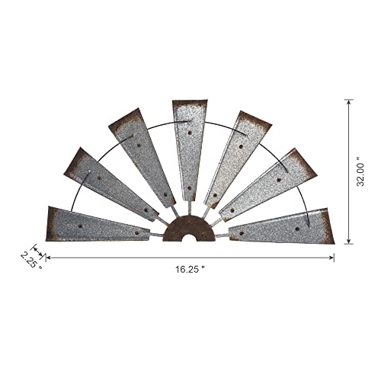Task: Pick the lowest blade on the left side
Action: pyautogui.click(x=99, y=224)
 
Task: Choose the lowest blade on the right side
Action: pyautogui.click(x=282, y=226)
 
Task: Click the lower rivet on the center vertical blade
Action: pyautogui.click(x=188, y=187)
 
